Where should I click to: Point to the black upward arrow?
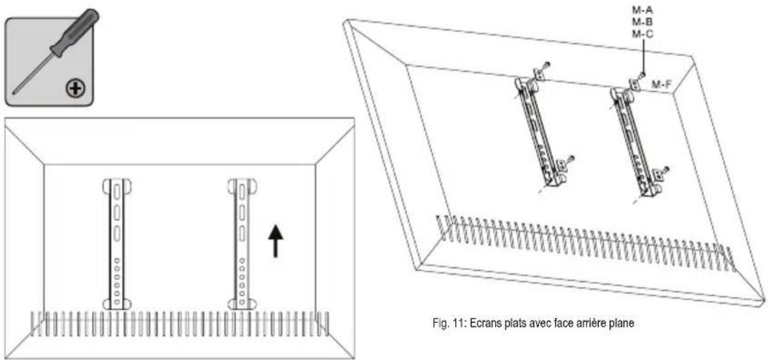click(x=276, y=241)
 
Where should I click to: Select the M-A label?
click(x=641, y=12)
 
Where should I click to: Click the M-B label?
click(x=641, y=22)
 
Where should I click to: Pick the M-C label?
click(x=641, y=33)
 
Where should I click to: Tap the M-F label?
click(x=663, y=84)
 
